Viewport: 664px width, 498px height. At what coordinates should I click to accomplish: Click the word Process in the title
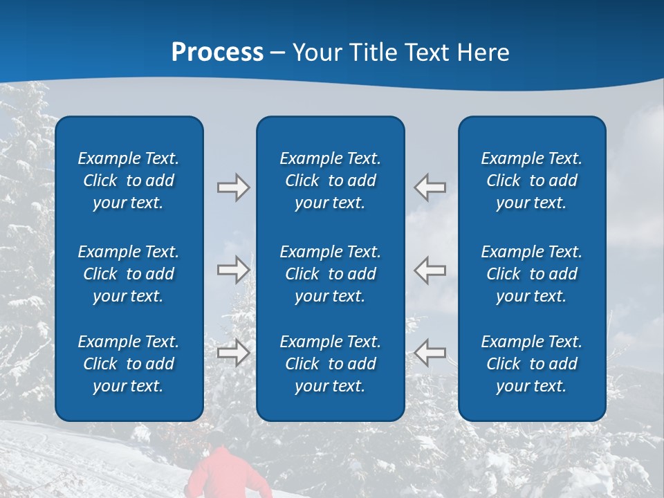[x=217, y=53]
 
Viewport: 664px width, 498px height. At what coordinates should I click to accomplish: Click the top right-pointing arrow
[x=234, y=187]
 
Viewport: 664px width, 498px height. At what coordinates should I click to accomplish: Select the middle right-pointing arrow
[x=234, y=270]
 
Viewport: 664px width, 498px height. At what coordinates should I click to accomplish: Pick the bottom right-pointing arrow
[x=234, y=353]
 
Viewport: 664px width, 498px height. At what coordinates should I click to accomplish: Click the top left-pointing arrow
[x=430, y=187]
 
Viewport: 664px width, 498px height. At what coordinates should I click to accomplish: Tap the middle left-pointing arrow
[x=430, y=270]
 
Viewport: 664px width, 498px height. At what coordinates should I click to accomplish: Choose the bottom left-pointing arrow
[x=430, y=353]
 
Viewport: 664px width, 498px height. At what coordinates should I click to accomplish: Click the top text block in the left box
[x=129, y=181]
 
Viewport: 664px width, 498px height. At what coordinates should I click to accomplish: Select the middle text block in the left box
[x=129, y=274]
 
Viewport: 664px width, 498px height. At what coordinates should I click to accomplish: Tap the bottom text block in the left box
[x=129, y=364]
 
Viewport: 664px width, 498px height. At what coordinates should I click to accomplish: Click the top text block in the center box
[x=330, y=181]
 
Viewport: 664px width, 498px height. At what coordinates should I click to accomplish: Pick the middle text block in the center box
[x=330, y=274]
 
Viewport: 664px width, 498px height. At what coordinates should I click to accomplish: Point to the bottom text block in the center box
[x=330, y=364]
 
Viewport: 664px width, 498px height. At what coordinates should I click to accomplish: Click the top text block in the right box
[x=531, y=181]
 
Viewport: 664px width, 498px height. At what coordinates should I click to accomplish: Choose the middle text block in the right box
[x=531, y=274]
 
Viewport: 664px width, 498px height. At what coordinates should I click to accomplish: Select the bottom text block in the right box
[x=531, y=364]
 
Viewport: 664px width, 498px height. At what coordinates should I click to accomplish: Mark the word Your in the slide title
[x=315, y=53]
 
